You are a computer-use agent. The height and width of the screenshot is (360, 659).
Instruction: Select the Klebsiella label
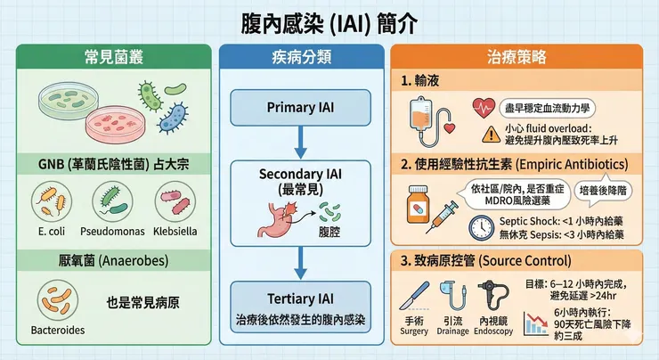[174, 231]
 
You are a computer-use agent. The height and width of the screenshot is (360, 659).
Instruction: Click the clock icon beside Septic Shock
[482, 228]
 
